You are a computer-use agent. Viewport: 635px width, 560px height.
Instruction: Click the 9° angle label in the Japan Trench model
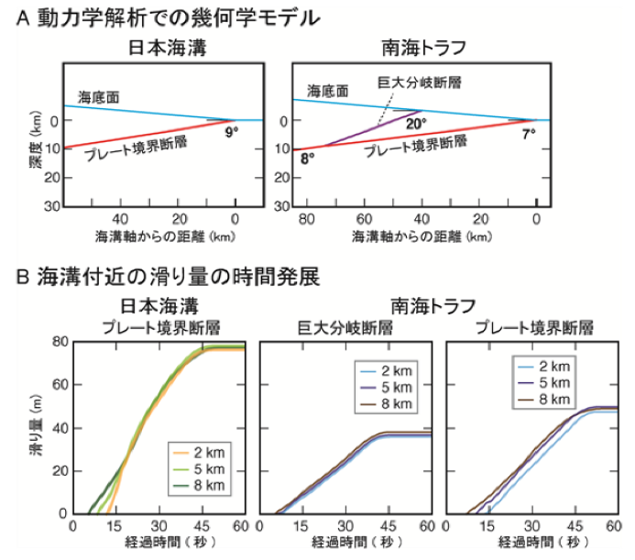click(x=232, y=133)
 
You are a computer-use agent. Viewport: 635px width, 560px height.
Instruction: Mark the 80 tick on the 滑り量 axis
click(x=59, y=342)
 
